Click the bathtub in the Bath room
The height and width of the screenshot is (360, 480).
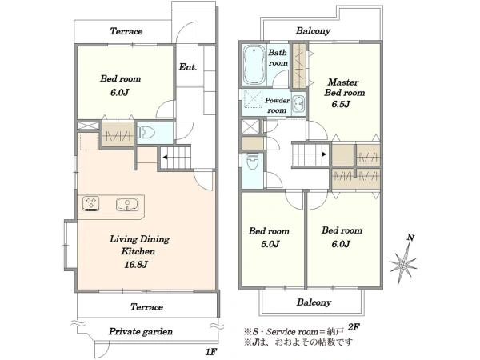click(x=254, y=65)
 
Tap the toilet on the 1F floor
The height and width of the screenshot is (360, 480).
click(x=146, y=133)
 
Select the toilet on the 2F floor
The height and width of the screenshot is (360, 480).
click(x=253, y=161)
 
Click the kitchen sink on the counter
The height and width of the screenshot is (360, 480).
click(x=127, y=204)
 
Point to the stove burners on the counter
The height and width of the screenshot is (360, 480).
click(x=91, y=203)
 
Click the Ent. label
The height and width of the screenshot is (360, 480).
click(x=188, y=66)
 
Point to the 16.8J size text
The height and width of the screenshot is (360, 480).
click(x=136, y=265)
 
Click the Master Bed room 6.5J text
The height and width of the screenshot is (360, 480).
click(x=344, y=93)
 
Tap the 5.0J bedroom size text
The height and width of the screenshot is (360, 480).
click(x=270, y=244)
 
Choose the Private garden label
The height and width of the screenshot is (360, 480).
click(x=141, y=331)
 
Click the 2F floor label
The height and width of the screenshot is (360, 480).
click(x=354, y=327)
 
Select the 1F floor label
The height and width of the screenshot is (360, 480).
click(x=211, y=352)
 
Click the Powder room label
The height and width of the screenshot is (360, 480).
click(x=277, y=105)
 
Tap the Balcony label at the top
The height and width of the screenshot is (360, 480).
click(x=313, y=30)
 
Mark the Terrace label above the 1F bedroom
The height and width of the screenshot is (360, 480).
click(x=126, y=31)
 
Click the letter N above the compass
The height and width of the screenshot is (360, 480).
click(x=410, y=238)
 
